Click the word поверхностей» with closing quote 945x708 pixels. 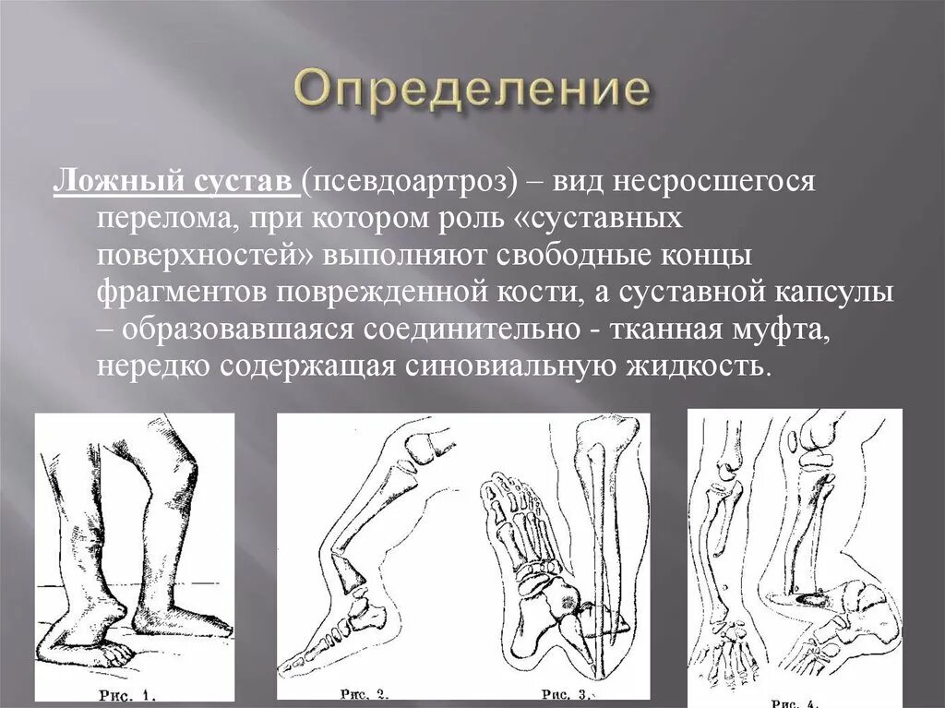point(212,255)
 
